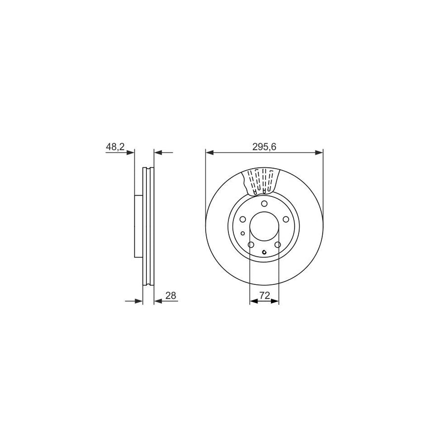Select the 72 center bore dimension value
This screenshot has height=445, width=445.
[x=264, y=295]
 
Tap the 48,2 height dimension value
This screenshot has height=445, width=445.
[x=114, y=147]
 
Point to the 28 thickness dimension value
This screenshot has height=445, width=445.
[x=171, y=295]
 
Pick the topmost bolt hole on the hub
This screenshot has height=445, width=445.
[x=264, y=204]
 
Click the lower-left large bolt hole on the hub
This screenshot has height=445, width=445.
[x=251, y=245]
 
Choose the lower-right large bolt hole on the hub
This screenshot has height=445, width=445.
[x=277, y=245]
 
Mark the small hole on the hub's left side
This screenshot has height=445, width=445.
[x=242, y=234]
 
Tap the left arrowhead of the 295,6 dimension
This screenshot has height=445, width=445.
[x=209, y=153]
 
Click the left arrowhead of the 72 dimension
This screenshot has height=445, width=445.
[x=253, y=301]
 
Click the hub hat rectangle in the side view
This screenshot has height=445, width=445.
[x=138, y=226]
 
